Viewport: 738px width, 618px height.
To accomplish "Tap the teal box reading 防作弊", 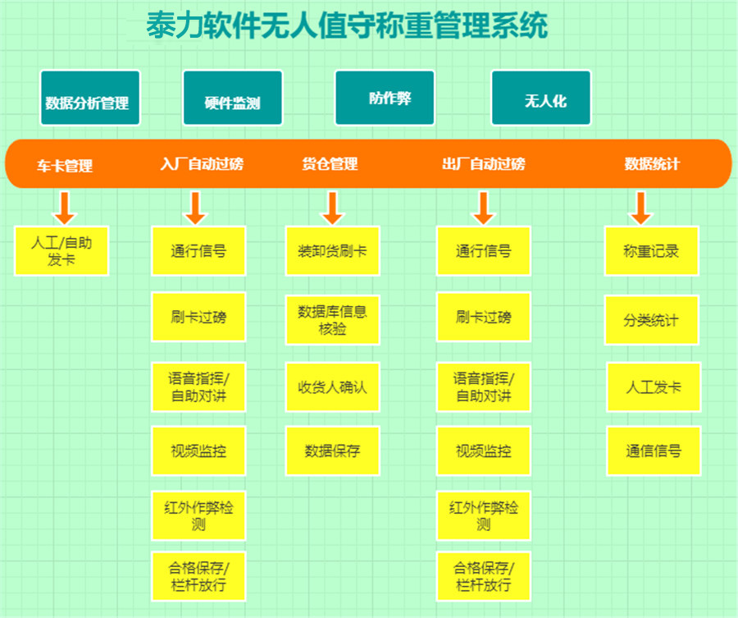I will pyautogui.click(x=385, y=98).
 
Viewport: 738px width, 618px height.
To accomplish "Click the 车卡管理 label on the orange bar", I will pyautogui.click(x=65, y=165).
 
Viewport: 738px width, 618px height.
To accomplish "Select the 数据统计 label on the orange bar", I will pyautogui.click(x=652, y=164).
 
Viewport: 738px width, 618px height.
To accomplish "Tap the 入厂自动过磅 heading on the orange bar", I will pyautogui.click(x=202, y=164).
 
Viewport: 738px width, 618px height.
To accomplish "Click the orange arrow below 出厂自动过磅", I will pyautogui.click(x=484, y=208).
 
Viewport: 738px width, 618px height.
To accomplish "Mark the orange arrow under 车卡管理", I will pyautogui.click(x=64, y=208).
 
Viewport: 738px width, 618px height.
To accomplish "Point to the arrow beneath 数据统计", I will pyautogui.click(x=641, y=208).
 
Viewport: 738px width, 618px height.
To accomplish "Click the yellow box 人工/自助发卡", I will pyautogui.click(x=61, y=250).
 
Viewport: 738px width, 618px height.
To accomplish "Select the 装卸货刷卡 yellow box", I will pyautogui.click(x=333, y=250).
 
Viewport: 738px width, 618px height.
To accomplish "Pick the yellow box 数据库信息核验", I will pyautogui.click(x=333, y=319).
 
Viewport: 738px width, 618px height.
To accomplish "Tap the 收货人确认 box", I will pyautogui.click(x=333, y=386).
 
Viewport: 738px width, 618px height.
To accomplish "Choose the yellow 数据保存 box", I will pyautogui.click(x=333, y=451).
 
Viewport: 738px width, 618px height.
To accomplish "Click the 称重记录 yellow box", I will pyautogui.click(x=652, y=250).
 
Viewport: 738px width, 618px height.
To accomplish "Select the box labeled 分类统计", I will pyautogui.click(x=652, y=319).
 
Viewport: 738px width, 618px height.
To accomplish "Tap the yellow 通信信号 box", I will pyautogui.click(x=654, y=451).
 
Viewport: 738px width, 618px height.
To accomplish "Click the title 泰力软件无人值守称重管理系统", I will pyautogui.click(x=348, y=26).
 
